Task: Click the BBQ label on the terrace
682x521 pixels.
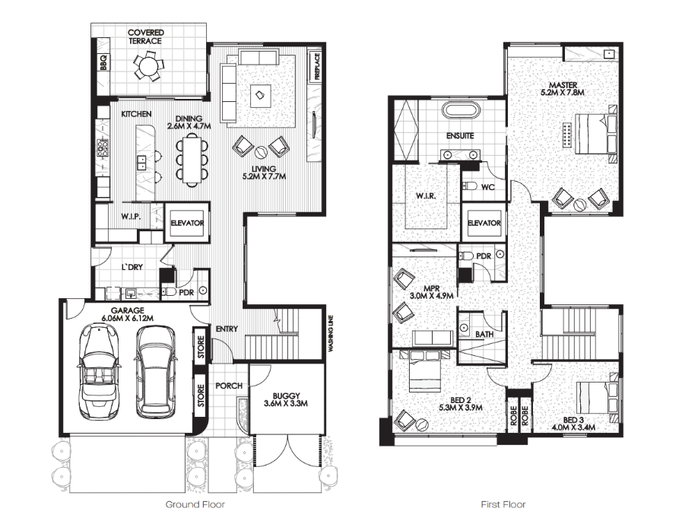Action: [103, 62]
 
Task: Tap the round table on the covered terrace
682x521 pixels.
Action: [147, 66]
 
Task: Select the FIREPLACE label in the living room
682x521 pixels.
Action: [317, 66]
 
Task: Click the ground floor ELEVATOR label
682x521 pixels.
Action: [187, 223]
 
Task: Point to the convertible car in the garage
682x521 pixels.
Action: [99, 371]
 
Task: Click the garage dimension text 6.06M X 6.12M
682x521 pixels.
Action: [128, 318]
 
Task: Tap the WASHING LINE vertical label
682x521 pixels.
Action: [331, 333]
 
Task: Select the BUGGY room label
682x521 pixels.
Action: [286, 396]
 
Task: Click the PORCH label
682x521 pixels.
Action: [229, 386]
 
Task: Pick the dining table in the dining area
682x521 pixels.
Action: [192, 159]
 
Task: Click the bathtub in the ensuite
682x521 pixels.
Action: [461, 110]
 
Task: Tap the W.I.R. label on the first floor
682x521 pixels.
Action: [425, 196]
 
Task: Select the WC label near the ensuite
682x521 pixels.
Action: [488, 187]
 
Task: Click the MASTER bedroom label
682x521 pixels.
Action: [563, 85]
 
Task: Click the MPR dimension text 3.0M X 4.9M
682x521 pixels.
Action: [431, 296]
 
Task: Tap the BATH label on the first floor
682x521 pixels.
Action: [484, 334]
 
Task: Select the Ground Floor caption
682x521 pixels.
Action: [195, 504]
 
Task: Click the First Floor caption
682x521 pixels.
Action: [503, 504]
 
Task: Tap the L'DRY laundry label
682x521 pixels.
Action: [132, 267]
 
